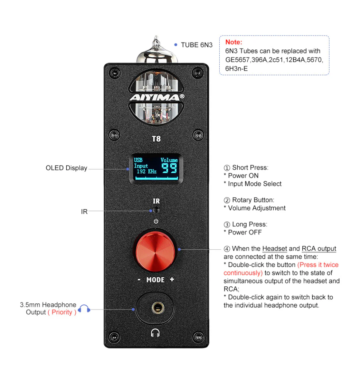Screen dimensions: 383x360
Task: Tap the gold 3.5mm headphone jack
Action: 156,307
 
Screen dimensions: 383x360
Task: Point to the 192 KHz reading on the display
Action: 146,172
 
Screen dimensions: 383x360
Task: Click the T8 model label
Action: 156,139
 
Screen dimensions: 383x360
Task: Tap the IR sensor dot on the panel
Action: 156,210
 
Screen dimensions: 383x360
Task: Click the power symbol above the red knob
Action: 156,221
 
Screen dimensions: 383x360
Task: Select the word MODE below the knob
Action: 155,280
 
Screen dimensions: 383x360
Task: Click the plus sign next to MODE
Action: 172,280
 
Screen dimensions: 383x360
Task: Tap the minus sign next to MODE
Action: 139,280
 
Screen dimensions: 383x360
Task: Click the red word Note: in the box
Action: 234,42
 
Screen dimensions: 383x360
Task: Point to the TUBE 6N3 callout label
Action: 196,45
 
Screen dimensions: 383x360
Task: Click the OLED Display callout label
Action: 66,168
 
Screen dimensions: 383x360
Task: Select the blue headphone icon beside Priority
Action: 84,309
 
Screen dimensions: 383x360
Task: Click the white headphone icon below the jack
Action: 155,333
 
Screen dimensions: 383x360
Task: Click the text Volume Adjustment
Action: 256,208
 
